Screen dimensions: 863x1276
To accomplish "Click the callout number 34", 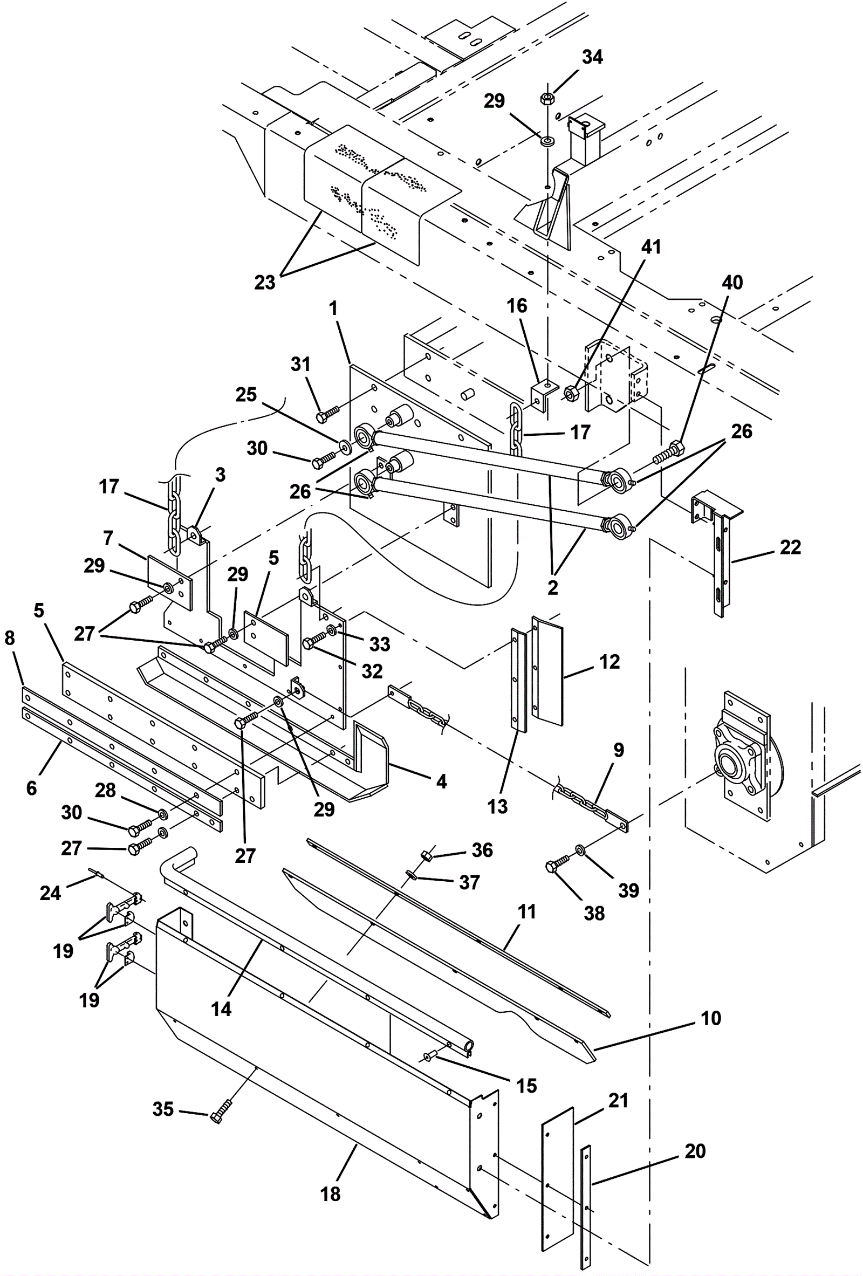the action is (x=592, y=57).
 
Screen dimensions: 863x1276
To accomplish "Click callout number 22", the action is (x=790, y=547).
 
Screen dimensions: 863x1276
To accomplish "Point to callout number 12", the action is (x=609, y=662).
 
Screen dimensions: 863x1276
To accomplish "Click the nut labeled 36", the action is (x=426, y=855).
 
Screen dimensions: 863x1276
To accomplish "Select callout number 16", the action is (x=517, y=306).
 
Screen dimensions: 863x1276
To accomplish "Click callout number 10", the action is (x=711, y=1018).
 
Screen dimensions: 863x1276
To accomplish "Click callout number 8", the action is (x=9, y=638).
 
